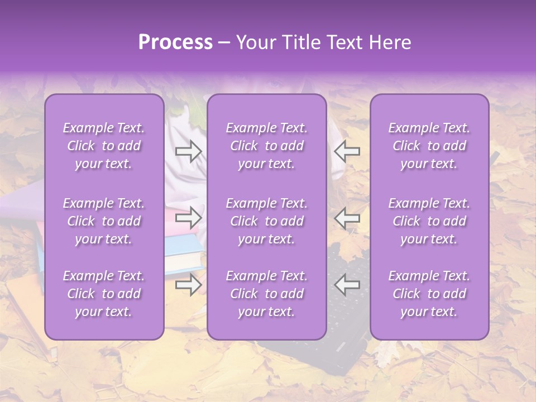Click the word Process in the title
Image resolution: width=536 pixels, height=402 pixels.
click(x=175, y=42)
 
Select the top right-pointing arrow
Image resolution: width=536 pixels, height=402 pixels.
click(x=188, y=151)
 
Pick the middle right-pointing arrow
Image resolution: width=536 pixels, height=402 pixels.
click(x=188, y=218)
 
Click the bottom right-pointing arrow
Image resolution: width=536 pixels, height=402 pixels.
click(x=188, y=284)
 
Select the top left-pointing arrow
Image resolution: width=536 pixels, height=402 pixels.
click(x=347, y=151)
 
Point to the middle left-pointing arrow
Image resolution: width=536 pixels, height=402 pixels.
click(x=347, y=218)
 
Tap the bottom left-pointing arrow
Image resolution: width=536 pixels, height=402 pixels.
click(x=347, y=284)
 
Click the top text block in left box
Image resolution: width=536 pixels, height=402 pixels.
click(x=104, y=146)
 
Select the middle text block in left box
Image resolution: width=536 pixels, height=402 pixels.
click(x=104, y=221)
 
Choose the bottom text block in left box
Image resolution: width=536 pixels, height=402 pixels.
click(x=104, y=294)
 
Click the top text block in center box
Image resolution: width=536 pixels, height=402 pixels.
click(x=266, y=146)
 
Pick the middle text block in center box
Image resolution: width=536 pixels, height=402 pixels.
click(x=266, y=221)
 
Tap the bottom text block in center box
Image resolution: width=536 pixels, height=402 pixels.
click(x=266, y=294)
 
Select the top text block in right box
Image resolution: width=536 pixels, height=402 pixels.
click(x=429, y=146)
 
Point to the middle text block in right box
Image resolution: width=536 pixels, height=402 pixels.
click(x=429, y=221)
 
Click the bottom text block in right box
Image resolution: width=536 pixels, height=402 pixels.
click(x=429, y=294)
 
